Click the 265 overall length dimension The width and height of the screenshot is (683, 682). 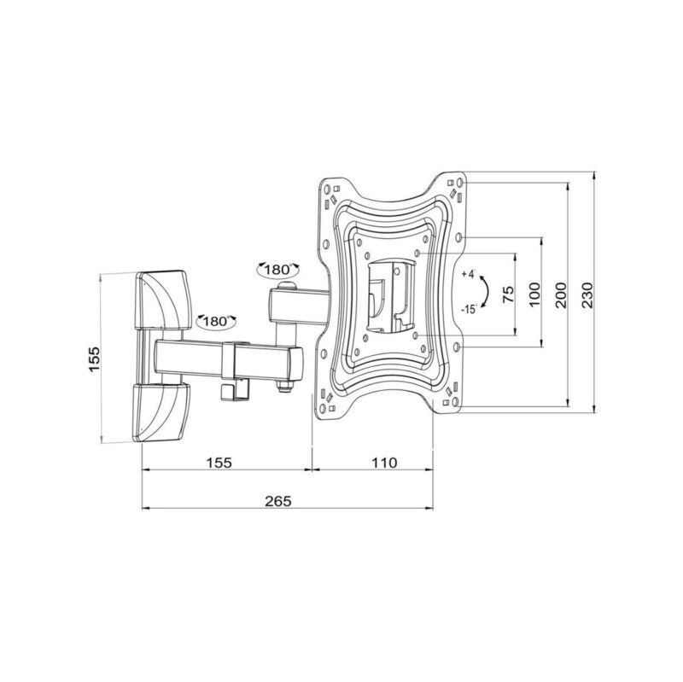coord(277,501)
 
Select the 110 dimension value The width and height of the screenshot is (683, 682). coord(384,463)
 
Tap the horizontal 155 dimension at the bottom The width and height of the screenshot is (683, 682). coord(219,463)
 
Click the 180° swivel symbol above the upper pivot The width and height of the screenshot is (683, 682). coord(277,270)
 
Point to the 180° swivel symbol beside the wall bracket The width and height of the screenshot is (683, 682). coord(215,322)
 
